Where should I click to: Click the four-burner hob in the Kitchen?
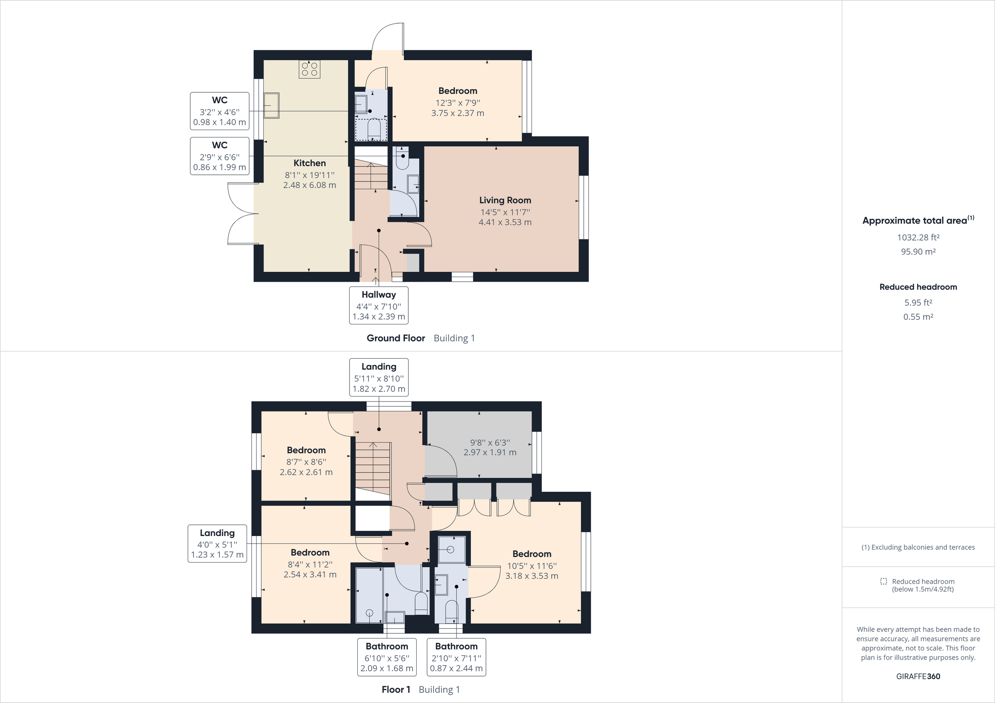click(309, 69)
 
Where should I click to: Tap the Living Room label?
click(505, 200)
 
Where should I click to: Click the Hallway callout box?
click(379, 305)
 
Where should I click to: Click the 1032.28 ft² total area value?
click(918, 237)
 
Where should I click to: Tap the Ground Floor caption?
click(396, 338)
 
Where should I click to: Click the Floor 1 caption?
click(396, 690)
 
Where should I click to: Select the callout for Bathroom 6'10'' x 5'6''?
click(386, 657)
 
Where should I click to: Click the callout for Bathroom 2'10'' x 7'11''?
click(456, 657)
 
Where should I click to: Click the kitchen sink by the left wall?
click(272, 105)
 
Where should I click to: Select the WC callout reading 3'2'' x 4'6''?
click(220, 111)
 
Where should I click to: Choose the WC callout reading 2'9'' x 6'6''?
click(220, 156)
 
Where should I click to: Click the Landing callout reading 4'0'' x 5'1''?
click(217, 544)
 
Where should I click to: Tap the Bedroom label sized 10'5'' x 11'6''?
click(532, 554)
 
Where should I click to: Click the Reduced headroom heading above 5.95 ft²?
click(918, 287)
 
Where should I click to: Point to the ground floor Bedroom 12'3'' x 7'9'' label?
click(458, 91)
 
